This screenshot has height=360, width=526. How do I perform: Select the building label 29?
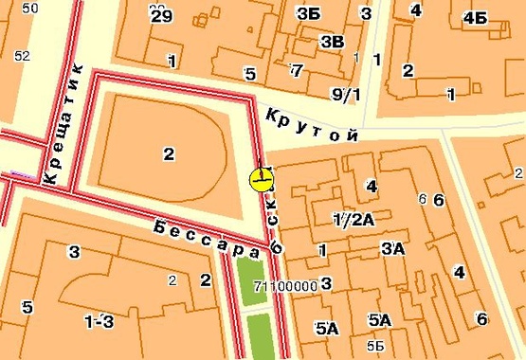click(161, 15)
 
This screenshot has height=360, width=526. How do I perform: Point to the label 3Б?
click(307, 14)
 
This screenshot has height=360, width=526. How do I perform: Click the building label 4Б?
click(475, 19)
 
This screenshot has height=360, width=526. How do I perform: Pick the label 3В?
click(333, 41)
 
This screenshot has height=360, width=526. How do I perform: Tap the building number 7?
click(297, 70)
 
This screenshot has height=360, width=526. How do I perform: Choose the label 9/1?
click(346, 93)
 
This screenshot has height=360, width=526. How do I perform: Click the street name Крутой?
click(313, 126)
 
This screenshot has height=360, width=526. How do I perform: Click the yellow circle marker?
click(261, 179)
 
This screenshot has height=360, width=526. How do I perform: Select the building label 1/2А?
click(354, 220)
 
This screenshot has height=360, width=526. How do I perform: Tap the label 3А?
click(392, 249)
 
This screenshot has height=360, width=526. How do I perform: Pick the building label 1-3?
click(99, 322)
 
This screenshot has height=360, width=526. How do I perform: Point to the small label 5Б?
click(376, 344)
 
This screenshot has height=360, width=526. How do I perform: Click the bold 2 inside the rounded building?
click(169, 154)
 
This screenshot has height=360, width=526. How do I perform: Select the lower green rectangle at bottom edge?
click(257, 337)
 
